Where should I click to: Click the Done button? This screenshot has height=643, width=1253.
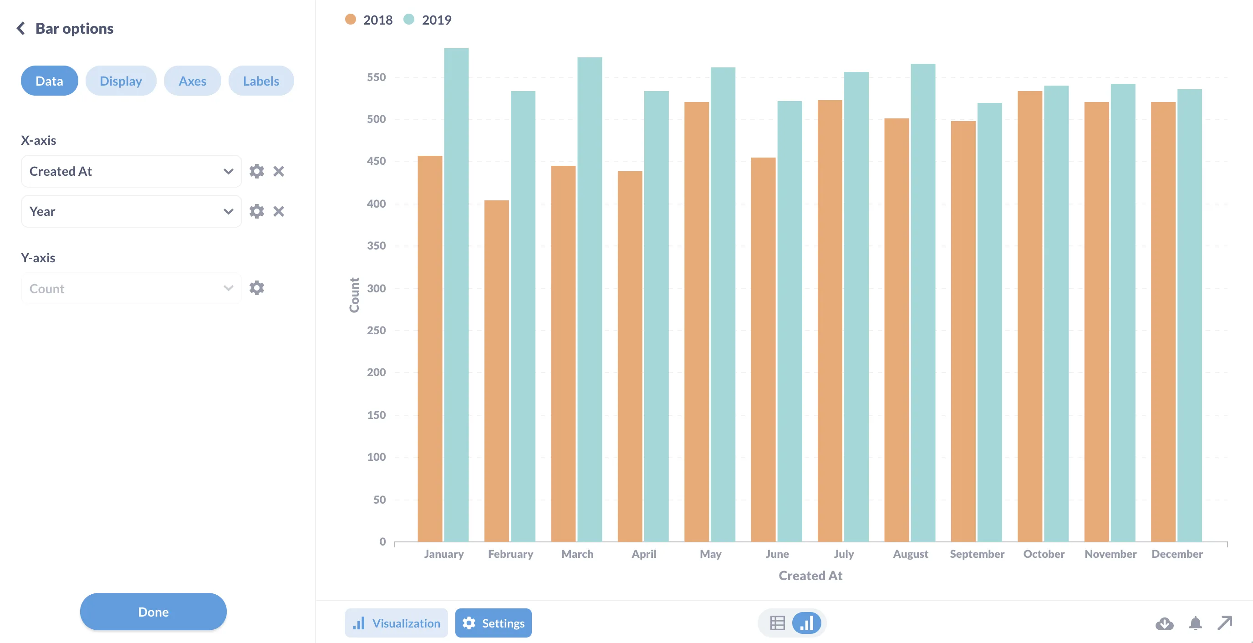(153, 612)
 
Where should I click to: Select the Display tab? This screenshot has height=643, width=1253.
(121, 81)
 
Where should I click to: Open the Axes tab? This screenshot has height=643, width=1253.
(192, 81)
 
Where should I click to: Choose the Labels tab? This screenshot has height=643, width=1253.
(261, 81)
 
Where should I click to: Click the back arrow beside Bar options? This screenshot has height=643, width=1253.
(20, 28)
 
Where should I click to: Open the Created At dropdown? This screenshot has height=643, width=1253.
(131, 171)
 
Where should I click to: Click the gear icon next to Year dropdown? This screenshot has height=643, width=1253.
(256, 211)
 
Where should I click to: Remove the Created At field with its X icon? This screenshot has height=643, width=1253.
(278, 171)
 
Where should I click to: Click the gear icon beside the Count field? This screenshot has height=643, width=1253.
(256, 288)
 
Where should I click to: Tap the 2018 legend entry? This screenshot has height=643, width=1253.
(369, 20)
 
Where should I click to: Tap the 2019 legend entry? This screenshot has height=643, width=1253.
(428, 20)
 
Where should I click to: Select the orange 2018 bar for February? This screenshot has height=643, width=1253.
(496, 370)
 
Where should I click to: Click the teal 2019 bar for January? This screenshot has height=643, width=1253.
(456, 292)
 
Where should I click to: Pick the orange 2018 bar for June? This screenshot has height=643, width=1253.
(763, 350)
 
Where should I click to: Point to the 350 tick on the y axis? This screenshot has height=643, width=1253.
(376, 245)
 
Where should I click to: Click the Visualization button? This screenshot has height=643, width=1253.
(397, 623)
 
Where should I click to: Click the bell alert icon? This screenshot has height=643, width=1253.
(1195, 623)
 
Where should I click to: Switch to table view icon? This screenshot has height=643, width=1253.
(777, 623)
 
